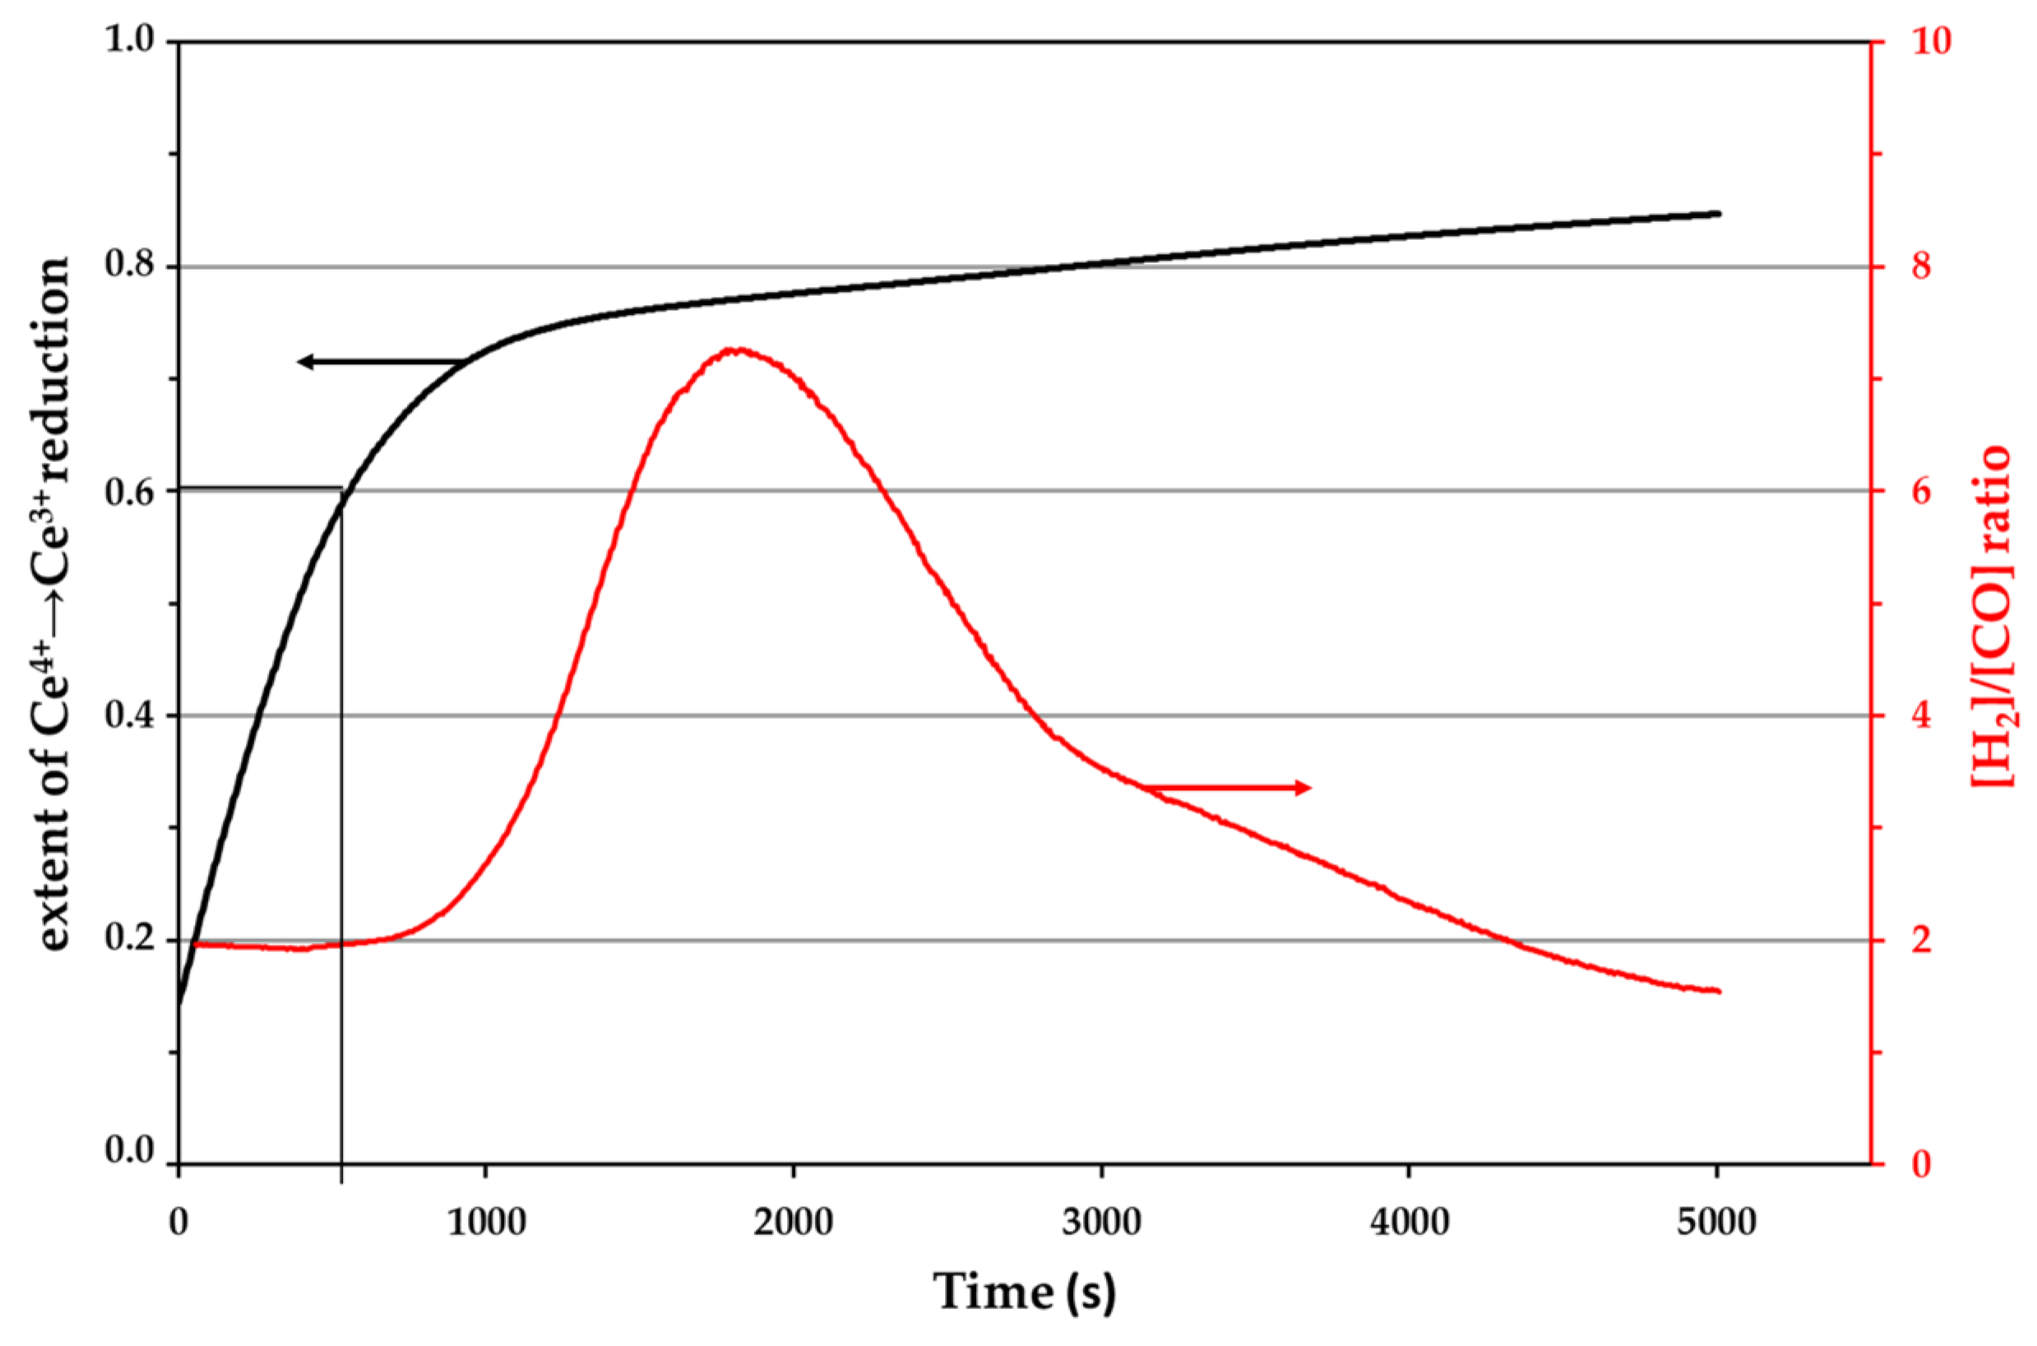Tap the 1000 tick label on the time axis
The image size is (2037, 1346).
[x=486, y=1222]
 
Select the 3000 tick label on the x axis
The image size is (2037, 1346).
[x=1101, y=1222]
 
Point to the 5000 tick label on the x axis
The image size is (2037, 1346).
[x=1717, y=1222]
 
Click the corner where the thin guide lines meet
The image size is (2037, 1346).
[x=341, y=488]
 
